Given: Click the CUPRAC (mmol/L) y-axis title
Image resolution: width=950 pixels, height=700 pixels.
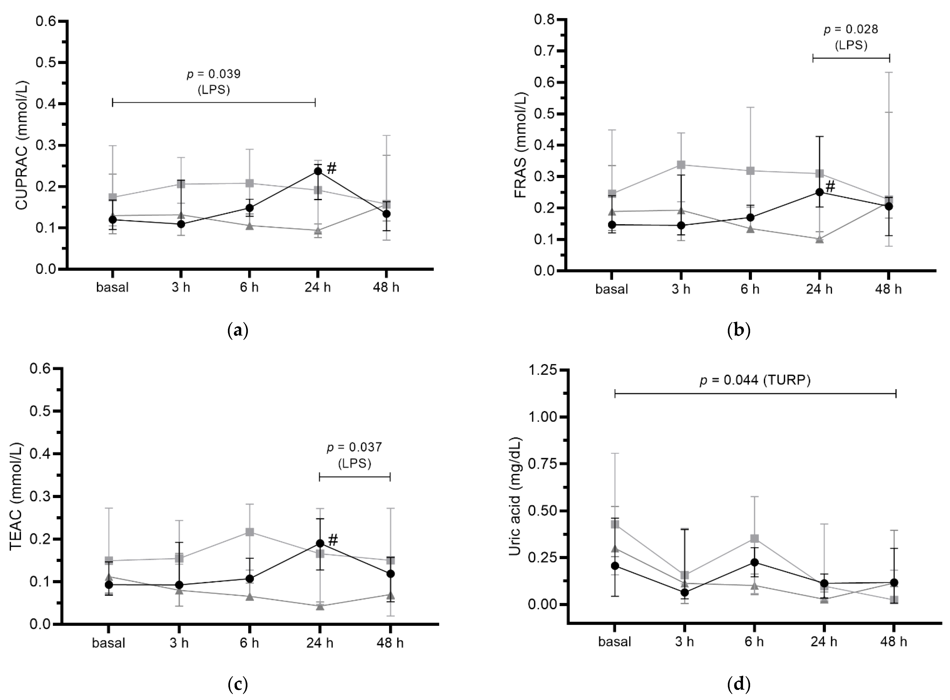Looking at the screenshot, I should [22, 144].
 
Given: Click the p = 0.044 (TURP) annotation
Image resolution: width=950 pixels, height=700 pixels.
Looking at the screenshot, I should [755, 381].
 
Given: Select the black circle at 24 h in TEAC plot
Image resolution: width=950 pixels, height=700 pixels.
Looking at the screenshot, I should [320, 543].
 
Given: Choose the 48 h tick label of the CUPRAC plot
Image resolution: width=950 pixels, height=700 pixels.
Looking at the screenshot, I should [386, 288].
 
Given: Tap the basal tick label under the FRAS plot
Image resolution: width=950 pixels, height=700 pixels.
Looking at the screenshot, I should [612, 289].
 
